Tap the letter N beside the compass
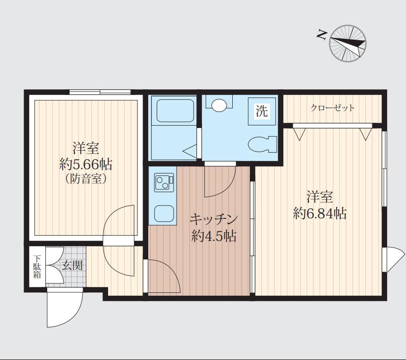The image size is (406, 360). point(321,34)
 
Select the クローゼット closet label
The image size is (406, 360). point(332,108)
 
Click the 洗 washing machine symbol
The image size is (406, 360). point(262,111)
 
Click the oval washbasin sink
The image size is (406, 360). point(219,105)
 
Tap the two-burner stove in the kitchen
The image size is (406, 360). point(164,182)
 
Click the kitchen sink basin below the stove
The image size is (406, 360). point(164,214)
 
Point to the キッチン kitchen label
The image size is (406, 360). point(213,220)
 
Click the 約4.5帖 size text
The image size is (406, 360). point(213,236)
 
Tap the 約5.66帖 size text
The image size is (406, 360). point(86,164)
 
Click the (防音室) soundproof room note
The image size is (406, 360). point(86,179)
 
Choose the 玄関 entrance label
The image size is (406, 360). point(72,266)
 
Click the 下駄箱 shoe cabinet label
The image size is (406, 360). point(37,267)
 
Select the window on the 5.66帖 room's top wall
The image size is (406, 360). point(100,92)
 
